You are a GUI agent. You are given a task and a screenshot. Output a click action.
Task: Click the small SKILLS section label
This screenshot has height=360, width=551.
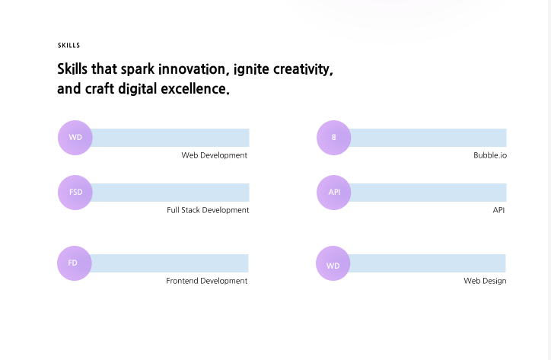tap(68, 46)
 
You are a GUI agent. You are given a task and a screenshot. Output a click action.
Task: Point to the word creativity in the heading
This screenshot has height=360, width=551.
tap(303, 69)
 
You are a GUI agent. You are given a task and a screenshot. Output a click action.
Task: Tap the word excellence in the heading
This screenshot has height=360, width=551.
tap(195, 88)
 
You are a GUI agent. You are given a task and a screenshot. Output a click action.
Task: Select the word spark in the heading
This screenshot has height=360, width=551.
tap(138, 69)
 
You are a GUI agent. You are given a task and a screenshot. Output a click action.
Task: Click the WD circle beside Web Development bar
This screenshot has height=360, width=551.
tap(75, 138)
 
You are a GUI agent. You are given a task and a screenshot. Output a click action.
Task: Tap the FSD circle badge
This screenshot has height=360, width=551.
tap(75, 193)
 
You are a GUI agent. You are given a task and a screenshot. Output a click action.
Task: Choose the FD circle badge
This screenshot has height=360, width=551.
tap(75, 263)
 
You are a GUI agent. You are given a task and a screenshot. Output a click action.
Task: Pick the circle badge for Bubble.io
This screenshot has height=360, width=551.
tap(334, 138)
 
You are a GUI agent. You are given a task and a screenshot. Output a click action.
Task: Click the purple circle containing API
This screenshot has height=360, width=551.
tap(334, 193)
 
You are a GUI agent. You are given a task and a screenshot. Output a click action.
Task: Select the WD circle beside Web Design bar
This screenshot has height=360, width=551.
tap(333, 263)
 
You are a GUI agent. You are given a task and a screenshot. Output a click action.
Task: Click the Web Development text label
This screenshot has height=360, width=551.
tap(215, 155)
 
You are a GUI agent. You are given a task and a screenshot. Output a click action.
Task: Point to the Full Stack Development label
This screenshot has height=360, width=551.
tap(208, 210)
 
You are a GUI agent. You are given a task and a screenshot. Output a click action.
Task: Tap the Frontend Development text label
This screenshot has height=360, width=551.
tap(207, 281)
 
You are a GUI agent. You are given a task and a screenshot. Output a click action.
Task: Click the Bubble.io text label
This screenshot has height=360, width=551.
tap(490, 155)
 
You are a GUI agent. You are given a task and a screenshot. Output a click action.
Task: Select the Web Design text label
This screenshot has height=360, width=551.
tap(485, 281)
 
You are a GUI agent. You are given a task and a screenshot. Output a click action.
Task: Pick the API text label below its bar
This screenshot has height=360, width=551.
tap(498, 210)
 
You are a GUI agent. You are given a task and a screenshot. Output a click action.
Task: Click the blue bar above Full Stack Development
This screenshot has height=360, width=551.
tap(170, 193)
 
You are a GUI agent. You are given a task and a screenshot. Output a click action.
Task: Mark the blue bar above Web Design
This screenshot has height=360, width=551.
tap(427, 263)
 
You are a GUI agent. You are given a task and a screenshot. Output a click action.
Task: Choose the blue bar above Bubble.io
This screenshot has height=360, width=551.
tap(428, 138)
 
